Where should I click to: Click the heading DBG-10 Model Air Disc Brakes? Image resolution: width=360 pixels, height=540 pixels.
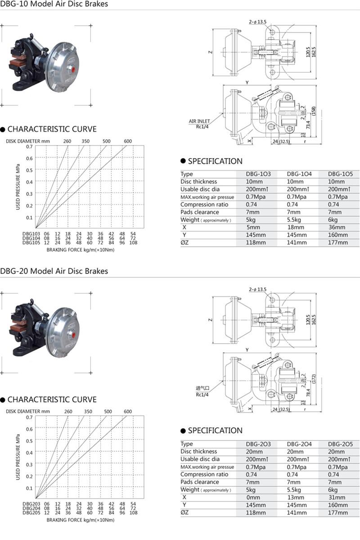[x=54, y=5]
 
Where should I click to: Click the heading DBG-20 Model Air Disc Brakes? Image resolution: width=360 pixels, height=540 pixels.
[x=54, y=271]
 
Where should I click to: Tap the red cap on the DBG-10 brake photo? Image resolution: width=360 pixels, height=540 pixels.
[x=69, y=70]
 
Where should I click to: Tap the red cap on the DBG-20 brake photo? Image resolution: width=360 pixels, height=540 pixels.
[x=69, y=336]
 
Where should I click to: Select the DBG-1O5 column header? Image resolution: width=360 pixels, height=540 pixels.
[x=340, y=174]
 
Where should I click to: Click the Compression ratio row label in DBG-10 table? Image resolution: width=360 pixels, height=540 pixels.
[x=204, y=204]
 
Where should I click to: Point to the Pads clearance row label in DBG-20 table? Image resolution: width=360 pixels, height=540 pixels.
[x=200, y=482]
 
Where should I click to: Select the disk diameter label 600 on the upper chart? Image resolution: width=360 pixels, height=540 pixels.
[x=128, y=141]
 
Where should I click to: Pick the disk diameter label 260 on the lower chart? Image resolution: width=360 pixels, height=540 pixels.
[x=68, y=411]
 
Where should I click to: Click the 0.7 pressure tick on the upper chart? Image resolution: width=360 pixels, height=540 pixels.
[x=29, y=147]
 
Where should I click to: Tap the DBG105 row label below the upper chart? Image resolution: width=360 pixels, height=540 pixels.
[x=31, y=243]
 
